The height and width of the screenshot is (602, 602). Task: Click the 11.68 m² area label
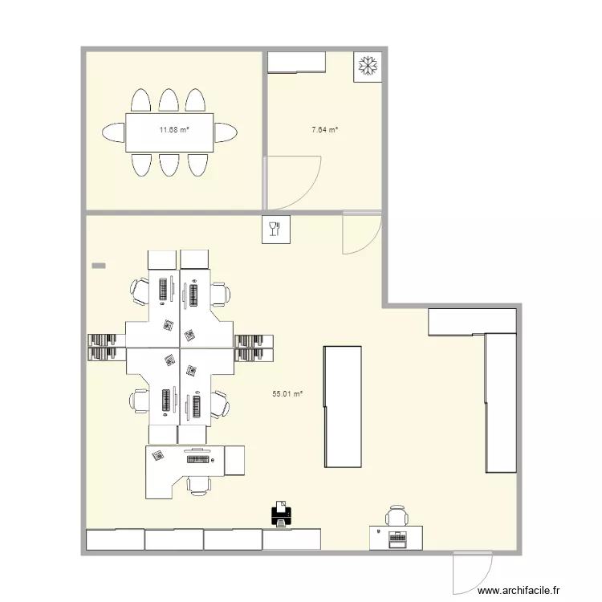click(173, 129)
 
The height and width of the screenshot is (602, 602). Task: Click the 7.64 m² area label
click(324, 129)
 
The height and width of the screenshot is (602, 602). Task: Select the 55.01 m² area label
click(287, 394)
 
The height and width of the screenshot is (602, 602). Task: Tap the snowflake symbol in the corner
click(368, 66)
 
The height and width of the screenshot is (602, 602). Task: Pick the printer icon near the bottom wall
click(281, 514)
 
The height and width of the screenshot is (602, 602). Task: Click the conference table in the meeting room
click(169, 131)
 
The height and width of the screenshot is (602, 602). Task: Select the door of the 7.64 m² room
click(293, 181)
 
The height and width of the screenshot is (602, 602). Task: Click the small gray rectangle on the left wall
click(99, 264)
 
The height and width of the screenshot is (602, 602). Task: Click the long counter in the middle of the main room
click(342, 406)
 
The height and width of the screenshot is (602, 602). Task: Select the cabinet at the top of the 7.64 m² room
click(296, 62)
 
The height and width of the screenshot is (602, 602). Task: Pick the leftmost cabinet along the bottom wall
click(114, 539)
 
